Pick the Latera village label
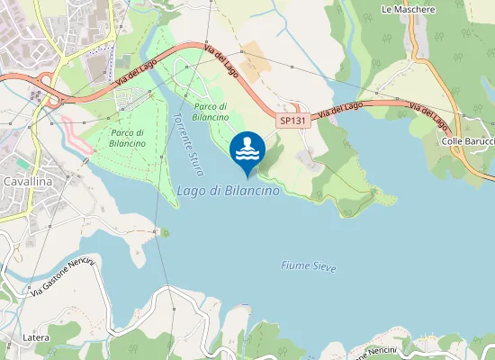[x=36, y=337]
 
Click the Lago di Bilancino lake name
[x=228, y=191]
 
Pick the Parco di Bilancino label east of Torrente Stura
[x=211, y=112]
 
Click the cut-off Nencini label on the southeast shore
[x=378, y=349]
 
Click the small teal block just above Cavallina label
[x=20, y=163]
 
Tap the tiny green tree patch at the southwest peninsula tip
[x=165, y=233]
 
